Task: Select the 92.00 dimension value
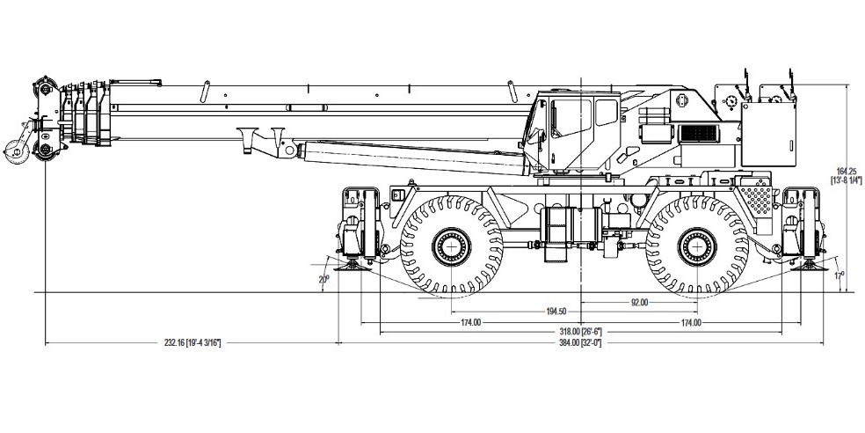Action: [639, 302]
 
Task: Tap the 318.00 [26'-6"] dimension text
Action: [580, 332]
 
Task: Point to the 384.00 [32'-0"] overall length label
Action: [580, 342]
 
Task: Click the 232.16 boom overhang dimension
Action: [192, 342]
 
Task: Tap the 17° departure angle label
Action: [839, 275]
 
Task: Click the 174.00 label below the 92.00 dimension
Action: [691, 322]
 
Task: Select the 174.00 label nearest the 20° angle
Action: [470, 322]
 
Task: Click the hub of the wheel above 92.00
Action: [697, 245]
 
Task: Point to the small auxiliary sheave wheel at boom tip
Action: [13, 150]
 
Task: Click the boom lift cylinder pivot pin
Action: [287, 150]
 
